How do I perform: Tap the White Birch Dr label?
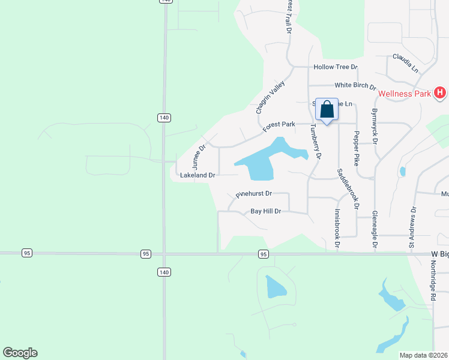[355, 86]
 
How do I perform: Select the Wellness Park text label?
[405, 94]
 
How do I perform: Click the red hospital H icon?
[440, 92]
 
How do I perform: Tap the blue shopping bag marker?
[327, 110]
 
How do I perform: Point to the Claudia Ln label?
[405, 62]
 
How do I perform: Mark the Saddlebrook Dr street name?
[348, 188]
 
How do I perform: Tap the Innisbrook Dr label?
[336, 229]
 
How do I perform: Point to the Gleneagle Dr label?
[375, 230]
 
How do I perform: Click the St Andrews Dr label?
[412, 227]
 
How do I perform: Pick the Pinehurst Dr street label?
[254, 194]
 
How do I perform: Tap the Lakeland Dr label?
[197, 175]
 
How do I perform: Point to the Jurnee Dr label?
[199, 155]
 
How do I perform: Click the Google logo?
[20, 353]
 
